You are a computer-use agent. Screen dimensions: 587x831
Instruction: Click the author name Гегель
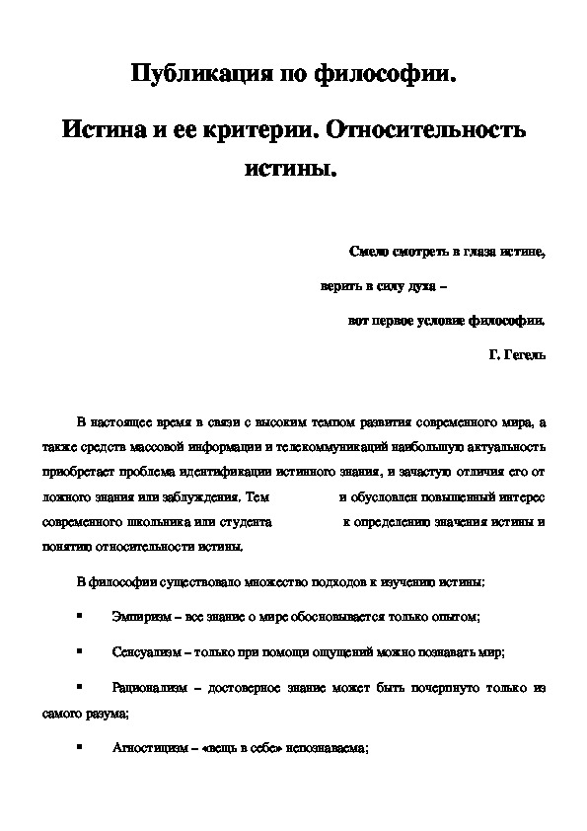point(524,352)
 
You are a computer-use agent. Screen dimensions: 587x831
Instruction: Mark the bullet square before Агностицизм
point(78,748)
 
